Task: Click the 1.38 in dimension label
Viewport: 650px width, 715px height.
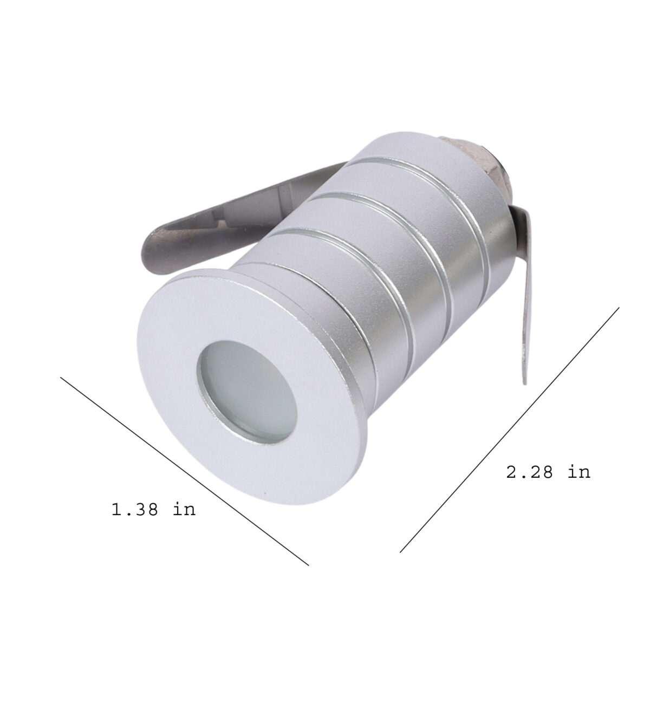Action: click(x=153, y=509)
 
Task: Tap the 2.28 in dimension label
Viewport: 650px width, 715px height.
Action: click(x=548, y=472)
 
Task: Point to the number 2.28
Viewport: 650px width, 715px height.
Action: click(x=529, y=472)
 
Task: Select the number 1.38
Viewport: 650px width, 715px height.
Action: click(x=134, y=509)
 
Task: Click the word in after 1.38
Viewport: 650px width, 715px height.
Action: click(x=185, y=509)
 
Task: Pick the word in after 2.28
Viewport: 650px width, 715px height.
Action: click(x=580, y=472)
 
